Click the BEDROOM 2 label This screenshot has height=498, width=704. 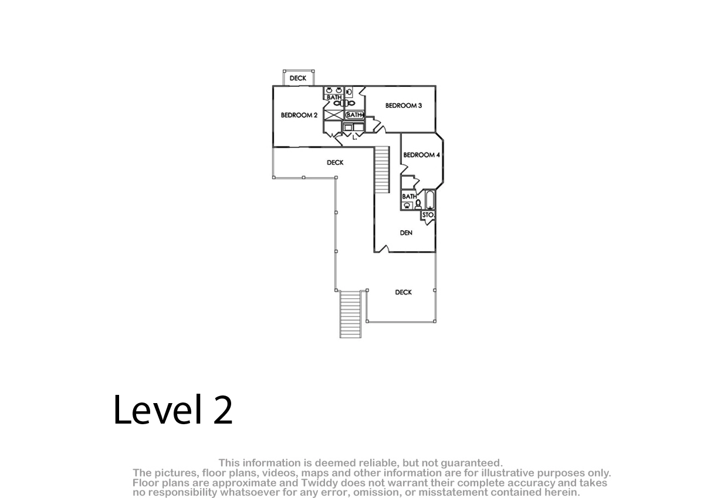(299, 115)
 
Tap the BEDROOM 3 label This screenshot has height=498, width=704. (404, 105)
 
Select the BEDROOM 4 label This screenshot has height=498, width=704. (421, 155)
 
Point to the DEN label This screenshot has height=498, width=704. (406, 233)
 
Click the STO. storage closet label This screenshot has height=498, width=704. (428, 215)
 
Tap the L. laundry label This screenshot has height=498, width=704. (354, 137)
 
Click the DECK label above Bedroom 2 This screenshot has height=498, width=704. (297, 78)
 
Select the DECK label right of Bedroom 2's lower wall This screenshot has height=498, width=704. (335, 162)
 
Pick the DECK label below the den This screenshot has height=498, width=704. (403, 292)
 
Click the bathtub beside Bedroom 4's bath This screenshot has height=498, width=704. (429, 200)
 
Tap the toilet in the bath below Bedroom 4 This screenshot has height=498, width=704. (418, 204)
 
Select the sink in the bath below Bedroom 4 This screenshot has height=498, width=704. (407, 206)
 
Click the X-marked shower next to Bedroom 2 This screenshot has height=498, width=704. (333, 115)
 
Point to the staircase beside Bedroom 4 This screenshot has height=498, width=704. (382, 169)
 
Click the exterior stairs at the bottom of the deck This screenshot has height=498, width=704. (350, 314)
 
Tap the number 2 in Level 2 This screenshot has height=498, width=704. (222, 410)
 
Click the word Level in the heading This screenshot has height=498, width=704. (157, 409)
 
